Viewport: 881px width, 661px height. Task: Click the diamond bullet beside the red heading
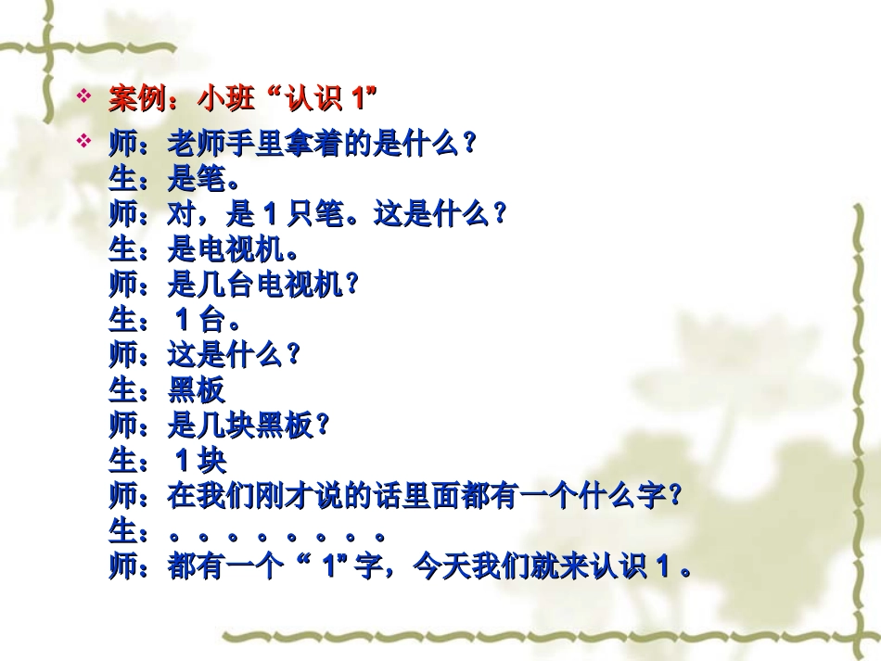tap(84, 95)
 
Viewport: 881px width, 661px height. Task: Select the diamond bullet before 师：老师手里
tap(84, 142)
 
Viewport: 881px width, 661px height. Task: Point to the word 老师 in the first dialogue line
tap(198, 145)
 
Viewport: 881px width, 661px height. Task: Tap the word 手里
tap(256, 145)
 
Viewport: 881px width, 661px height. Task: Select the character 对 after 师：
tap(183, 215)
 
